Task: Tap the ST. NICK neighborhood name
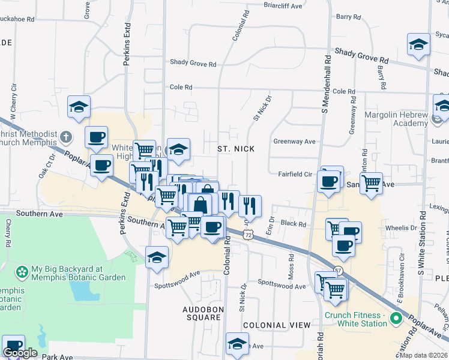click(x=236, y=148)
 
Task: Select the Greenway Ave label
click(x=295, y=142)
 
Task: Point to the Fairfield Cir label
click(x=295, y=174)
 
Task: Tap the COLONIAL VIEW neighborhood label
click(x=277, y=325)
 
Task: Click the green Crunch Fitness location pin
click(x=395, y=317)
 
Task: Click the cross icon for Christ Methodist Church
click(x=66, y=137)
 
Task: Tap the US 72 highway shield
click(x=247, y=235)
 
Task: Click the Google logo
click(x=20, y=353)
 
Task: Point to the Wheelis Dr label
click(x=401, y=228)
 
